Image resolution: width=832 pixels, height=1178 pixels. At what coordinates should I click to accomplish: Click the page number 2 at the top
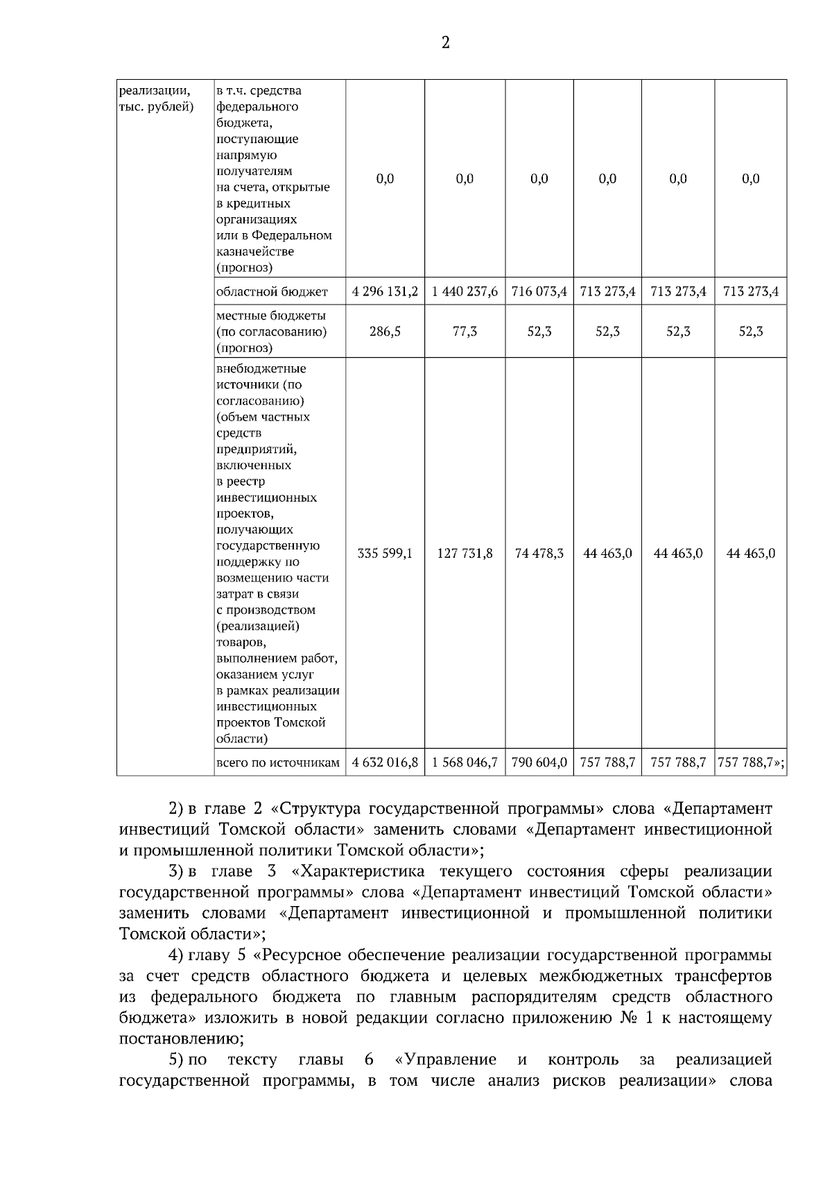coord(445,43)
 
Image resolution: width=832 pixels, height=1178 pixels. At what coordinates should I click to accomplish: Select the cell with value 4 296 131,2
coord(385,291)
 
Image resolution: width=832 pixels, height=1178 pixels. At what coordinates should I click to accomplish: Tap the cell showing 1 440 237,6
coord(465,291)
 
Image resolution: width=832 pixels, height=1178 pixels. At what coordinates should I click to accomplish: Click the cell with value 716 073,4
coord(539,291)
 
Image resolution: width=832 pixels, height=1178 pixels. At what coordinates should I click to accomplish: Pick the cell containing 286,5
coord(385,332)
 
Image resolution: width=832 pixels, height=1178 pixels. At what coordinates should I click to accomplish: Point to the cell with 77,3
coord(465,332)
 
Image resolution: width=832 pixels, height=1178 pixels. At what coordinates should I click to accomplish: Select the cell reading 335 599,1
coord(385,553)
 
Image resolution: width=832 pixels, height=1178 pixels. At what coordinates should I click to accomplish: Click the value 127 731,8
coord(465,553)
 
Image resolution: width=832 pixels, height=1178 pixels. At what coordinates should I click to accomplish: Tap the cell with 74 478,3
coord(539,553)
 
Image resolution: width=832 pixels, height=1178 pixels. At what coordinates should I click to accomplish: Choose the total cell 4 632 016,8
coord(385,762)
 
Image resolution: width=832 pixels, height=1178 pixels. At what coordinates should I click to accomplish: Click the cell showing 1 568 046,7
coord(465,762)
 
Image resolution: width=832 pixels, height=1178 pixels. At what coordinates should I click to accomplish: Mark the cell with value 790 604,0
coord(539,762)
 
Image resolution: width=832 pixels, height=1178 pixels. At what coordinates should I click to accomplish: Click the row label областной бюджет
coord(272,292)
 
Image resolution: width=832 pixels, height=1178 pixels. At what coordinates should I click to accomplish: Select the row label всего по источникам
coord(278,763)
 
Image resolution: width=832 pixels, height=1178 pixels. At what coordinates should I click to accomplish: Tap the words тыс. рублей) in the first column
coord(156,107)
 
